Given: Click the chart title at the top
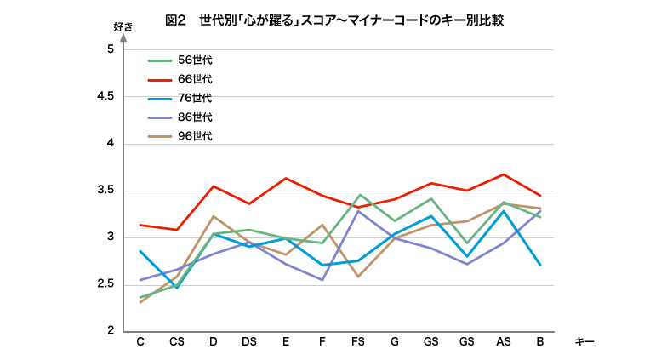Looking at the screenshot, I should click(333, 20).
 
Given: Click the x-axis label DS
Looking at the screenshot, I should click(249, 341).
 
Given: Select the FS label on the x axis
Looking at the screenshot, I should click(359, 341).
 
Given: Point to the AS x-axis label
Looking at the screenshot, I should click(504, 341).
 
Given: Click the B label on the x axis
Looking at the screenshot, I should click(540, 341).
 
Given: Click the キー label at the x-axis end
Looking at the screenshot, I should click(584, 341).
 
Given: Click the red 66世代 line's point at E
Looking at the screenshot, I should click(286, 179).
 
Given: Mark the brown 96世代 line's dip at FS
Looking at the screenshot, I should click(359, 277).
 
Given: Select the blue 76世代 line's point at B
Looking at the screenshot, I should click(540, 265).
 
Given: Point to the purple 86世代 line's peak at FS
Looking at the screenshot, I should click(359, 211).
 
